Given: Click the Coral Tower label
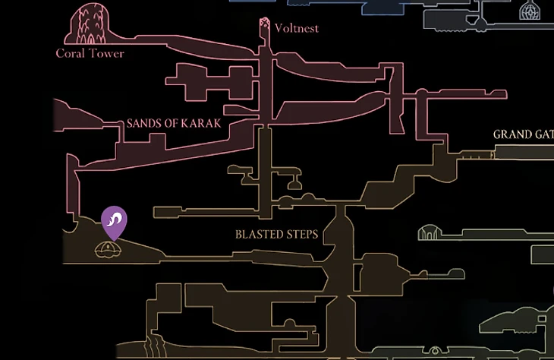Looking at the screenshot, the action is pyautogui.click(x=90, y=53).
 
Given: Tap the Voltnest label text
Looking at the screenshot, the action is pyautogui.click(x=297, y=28).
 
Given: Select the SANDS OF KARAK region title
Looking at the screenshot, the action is pyautogui.click(x=174, y=123).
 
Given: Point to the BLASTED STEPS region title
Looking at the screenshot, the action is pyautogui.click(x=277, y=234).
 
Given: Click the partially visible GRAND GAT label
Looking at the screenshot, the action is pyautogui.click(x=523, y=134).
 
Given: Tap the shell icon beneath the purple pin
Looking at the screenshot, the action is pyautogui.click(x=108, y=250).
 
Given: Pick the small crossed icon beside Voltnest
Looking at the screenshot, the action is pyautogui.click(x=264, y=24).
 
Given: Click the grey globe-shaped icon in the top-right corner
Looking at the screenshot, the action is pyautogui.click(x=529, y=11).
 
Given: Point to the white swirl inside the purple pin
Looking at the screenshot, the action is pyautogui.click(x=114, y=219).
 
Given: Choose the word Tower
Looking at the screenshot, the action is pyautogui.click(x=107, y=53).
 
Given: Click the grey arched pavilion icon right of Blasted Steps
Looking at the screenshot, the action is pyautogui.click(x=429, y=232).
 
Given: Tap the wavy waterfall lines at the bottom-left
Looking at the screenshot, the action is pyautogui.click(x=155, y=346).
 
